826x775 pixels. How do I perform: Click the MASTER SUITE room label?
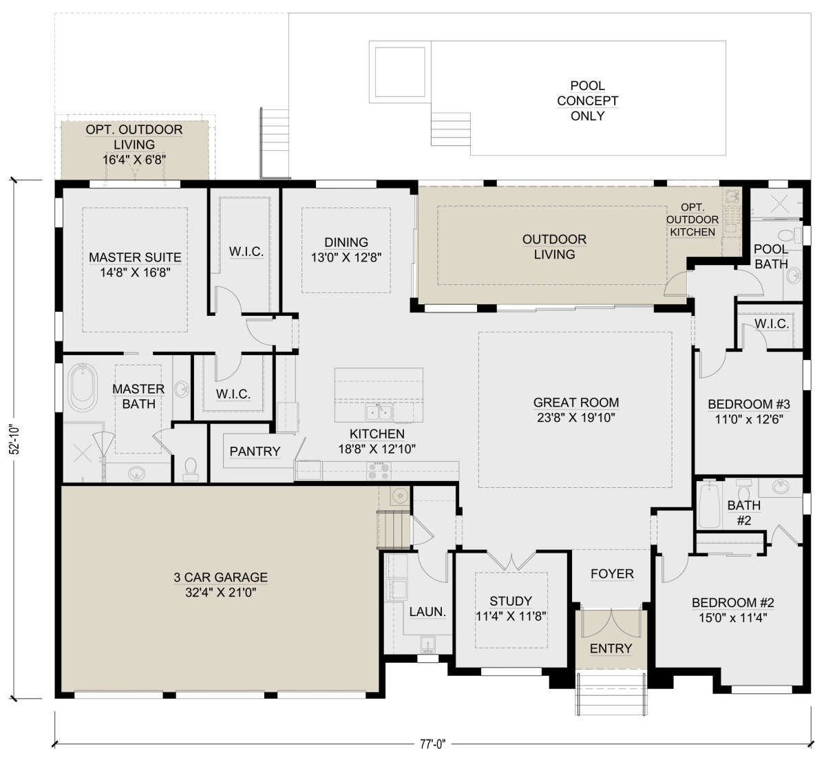[135, 257]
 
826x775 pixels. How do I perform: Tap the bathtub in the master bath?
[83, 387]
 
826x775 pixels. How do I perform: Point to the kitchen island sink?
[379, 412]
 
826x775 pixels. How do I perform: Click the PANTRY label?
[255, 452]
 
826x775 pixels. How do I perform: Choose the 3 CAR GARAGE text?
[220, 577]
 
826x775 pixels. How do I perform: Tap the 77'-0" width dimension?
[432, 744]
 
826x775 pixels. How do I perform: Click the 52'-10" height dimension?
[15, 439]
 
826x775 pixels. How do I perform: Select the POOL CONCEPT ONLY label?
[587, 100]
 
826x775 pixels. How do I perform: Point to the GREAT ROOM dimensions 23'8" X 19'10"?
[575, 418]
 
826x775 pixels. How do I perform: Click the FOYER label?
[612, 574]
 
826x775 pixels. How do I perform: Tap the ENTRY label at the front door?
[611, 648]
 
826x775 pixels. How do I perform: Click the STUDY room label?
[511, 601]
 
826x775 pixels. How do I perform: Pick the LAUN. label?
[427, 612]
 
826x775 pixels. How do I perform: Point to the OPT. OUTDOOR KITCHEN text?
[692, 220]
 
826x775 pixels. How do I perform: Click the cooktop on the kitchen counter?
[379, 471]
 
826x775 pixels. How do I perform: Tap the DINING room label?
[346, 242]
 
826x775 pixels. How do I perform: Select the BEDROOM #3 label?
[749, 404]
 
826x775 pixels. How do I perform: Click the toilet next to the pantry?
[191, 469]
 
